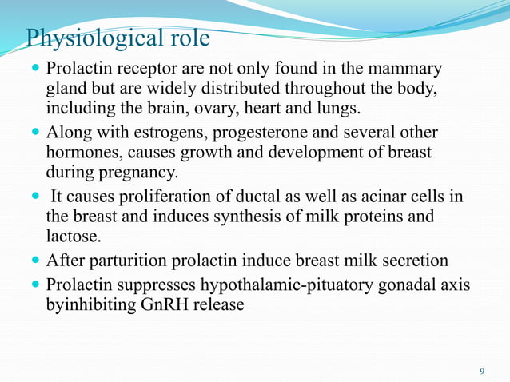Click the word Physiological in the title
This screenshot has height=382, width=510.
[94, 38]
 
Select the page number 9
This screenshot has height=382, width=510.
[481, 371]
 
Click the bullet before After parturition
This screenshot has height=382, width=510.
[35, 261]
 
